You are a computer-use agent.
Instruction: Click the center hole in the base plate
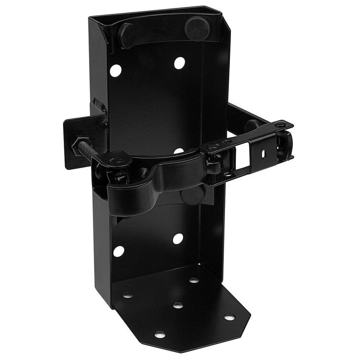178,305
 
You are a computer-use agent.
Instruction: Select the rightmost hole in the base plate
229,316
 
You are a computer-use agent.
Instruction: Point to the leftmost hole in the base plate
128,296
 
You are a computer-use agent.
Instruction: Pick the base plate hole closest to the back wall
194,280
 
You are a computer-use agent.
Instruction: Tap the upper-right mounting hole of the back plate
179,63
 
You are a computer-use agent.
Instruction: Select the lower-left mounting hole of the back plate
119,251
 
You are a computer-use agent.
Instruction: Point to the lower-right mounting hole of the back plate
178,239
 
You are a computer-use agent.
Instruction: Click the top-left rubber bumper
127,35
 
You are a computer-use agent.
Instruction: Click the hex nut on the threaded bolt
80,146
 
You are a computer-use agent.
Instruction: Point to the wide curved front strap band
148,188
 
